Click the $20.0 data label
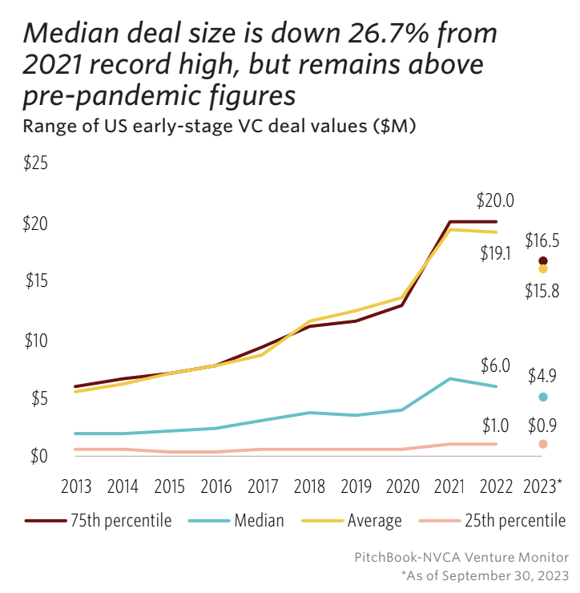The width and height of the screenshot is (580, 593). (495, 200)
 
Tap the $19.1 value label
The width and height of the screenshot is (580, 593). (495, 254)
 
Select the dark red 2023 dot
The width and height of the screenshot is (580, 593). (543, 261)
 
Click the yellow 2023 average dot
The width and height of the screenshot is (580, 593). (543, 269)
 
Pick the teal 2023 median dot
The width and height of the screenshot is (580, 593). (543, 397)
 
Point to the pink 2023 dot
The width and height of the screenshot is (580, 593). (543, 444)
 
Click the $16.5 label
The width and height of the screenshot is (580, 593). (542, 240)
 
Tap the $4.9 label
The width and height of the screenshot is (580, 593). (542, 376)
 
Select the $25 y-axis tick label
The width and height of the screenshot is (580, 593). (36, 164)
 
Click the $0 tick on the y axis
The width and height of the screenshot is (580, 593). (38, 456)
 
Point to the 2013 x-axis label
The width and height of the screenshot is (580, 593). (76, 486)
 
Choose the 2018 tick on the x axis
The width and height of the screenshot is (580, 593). (309, 486)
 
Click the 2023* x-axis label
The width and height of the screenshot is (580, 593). (542, 486)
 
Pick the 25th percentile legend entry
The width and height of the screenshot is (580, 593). (493, 521)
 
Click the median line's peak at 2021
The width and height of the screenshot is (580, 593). (449, 378)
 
